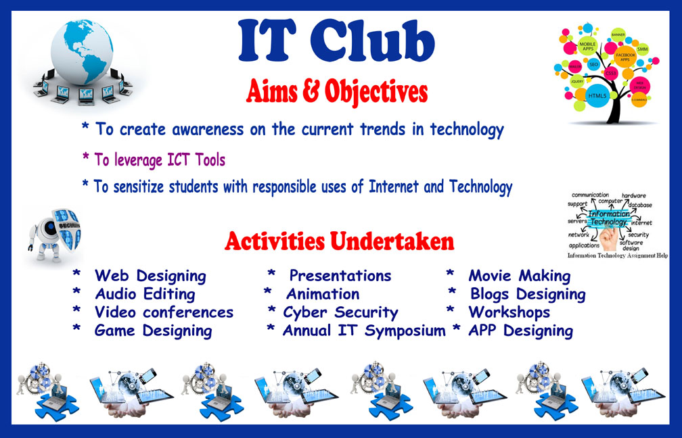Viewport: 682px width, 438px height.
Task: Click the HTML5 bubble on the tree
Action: pos(597,95)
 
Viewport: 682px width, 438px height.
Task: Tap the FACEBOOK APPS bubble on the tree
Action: pos(625,57)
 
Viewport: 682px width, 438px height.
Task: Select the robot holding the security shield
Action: pos(55,234)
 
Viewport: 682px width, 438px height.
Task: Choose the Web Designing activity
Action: pos(150,276)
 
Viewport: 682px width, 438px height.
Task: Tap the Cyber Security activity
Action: pos(340,312)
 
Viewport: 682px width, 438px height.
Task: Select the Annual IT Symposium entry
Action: pos(363,331)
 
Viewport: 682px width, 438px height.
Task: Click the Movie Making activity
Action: pos(519,276)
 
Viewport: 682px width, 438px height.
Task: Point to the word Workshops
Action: pos(509,312)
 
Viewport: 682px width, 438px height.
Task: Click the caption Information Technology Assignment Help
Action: pos(617,255)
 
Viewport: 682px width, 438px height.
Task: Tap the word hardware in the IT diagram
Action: pos(634,196)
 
